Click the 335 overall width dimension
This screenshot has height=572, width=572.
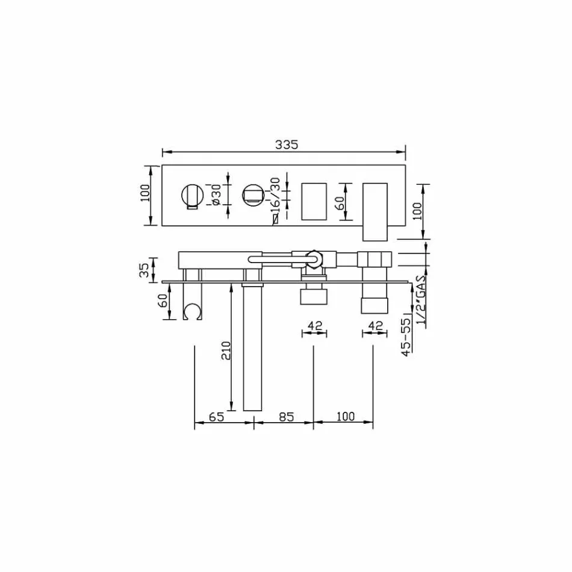(x=287, y=145)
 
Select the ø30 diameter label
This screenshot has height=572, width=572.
(x=217, y=195)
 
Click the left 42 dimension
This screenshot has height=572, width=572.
(x=315, y=326)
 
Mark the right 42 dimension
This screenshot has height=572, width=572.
(x=375, y=326)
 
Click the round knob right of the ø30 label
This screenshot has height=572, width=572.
(x=253, y=195)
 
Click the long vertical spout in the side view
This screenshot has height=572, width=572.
(x=252, y=349)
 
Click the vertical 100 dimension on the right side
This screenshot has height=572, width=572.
(x=418, y=211)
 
